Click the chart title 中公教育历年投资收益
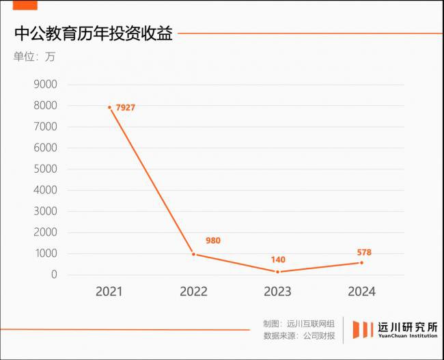click(x=93, y=33)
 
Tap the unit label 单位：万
click(x=34, y=57)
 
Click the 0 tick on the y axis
click(x=53, y=275)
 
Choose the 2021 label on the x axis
click(x=109, y=292)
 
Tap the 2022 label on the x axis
click(x=193, y=292)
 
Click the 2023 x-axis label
click(x=277, y=292)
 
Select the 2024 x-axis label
click(x=361, y=292)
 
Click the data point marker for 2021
click(x=109, y=107)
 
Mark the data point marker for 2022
click(x=193, y=254)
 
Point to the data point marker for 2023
click(x=277, y=272)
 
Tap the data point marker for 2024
click(x=361, y=262)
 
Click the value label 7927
click(x=126, y=108)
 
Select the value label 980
click(x=212, y=240)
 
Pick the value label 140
click(x=277, y=260)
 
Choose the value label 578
click(x=364, y=252)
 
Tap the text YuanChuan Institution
click(x=408, y=336)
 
